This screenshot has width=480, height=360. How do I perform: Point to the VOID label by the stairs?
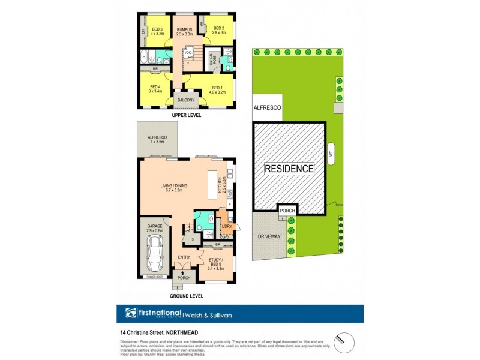click(x=188, y=53)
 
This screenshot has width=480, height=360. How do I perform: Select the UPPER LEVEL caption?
click(x=186, y=115)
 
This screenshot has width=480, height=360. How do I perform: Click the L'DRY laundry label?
click(x=227, y=226)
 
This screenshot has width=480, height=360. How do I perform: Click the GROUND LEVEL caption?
click(x=186, y=296)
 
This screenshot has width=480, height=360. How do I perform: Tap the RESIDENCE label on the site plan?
click(x=290, y=169)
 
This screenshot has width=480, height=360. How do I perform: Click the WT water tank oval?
click(x=331, y=153)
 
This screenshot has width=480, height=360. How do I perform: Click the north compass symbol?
click(x=341, y=340)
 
